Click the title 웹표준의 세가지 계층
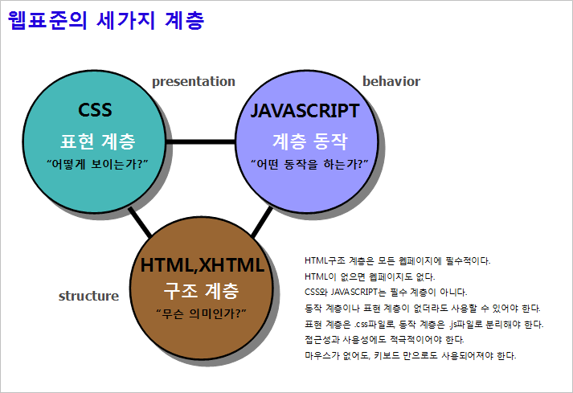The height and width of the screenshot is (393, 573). (106, 20)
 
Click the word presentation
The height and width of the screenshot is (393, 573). (194, 81)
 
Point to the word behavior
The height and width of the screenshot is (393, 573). (391, 81)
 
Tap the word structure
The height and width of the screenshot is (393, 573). (88, 296)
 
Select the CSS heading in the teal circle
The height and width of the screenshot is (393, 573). (95, 109)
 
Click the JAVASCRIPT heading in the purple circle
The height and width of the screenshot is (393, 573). (305, 111)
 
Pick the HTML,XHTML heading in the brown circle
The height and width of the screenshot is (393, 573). (202, 265)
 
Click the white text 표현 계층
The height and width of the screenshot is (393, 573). (98, 141)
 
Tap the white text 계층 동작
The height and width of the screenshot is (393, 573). (310, 141)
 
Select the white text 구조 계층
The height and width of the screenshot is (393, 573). (202, 291)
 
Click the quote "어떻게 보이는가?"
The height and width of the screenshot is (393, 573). (97, 164)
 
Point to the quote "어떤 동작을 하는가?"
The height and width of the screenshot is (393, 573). (309, 164)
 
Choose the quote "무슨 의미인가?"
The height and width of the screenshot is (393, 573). (202, 313)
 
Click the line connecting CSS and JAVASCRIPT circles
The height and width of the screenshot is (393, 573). (201, 141)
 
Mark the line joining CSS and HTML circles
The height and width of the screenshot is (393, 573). (140, 223)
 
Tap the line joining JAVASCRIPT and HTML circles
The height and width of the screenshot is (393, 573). (262, 222)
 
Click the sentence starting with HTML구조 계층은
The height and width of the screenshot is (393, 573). (398, 261)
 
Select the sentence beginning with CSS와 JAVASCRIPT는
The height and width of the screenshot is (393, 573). (386, 293)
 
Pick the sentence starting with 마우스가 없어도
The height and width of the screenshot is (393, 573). (411, 356)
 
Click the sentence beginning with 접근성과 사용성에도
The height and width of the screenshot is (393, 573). (384, 340)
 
